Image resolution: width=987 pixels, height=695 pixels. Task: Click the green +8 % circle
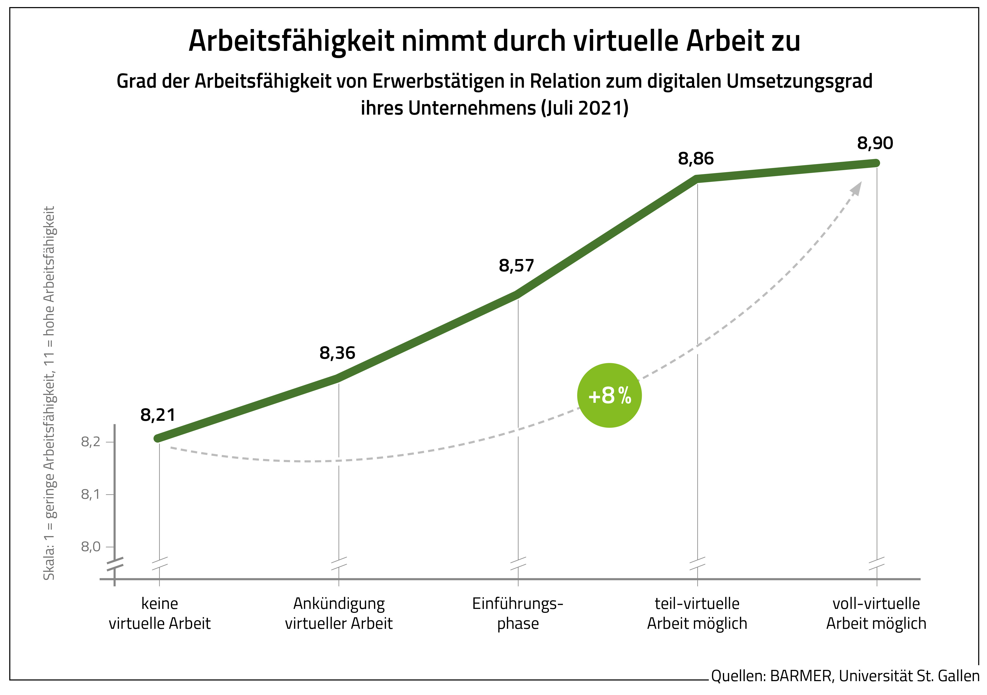point(609,395)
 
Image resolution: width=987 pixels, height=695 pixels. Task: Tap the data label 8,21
point(158,415)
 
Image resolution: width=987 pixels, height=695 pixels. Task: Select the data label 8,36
point(337,353)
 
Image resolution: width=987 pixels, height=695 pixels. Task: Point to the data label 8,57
point(516,266)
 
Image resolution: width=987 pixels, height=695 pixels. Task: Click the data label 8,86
point(696,159)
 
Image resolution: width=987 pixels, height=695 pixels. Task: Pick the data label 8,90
point(875,143)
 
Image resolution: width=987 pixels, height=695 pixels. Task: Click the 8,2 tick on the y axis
point(91,442)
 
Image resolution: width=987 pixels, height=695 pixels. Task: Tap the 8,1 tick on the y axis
point(91,494)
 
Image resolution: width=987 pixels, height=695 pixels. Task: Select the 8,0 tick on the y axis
point(91,547)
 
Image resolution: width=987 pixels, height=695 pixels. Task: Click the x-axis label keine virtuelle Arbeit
point(160,613)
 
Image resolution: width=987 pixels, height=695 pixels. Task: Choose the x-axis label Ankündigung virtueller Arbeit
point(339,613)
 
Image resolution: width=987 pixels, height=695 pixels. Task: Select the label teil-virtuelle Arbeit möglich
point(697,613)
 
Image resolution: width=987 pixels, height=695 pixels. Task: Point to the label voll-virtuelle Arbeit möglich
point(876,613)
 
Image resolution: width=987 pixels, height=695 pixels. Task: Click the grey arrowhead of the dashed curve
point(857,189)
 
